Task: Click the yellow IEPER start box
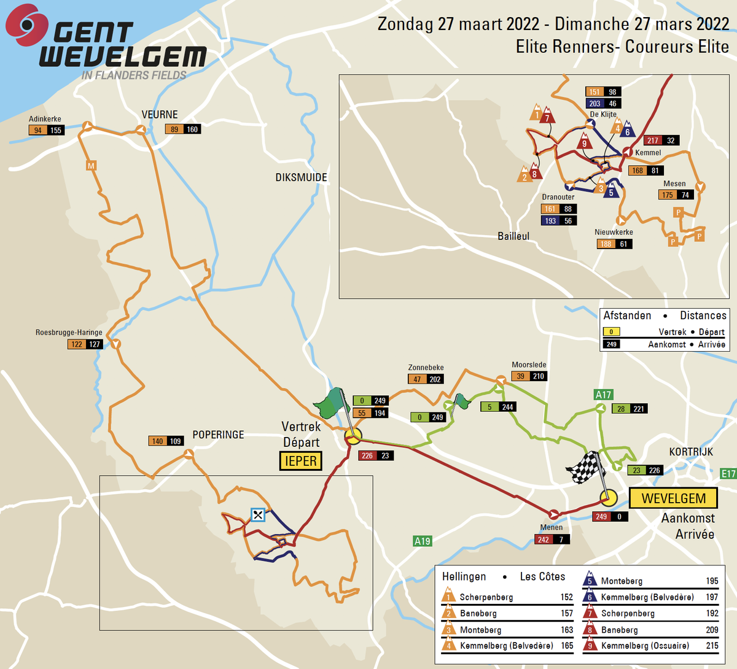[x=300, y=461]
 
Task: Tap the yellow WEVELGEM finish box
[x=674, y=498]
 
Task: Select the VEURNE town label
[x=160, y=115]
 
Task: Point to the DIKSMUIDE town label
[x=301, y=177]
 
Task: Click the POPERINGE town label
[x=218, y=435]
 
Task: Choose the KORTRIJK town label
[x=691, y=452]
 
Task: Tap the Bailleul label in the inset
[x=513, y=236]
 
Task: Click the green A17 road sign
[x=603, y=395]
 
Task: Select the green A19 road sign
[x=423, y=541]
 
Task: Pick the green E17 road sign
[x=728, y=473]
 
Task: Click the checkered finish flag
[x=585, y=468]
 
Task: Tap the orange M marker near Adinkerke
[x=91, y=166]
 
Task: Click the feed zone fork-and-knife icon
[x=258, y=514]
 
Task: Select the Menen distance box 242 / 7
[x=552, y=539]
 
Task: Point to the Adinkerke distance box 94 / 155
[x=47, y=130]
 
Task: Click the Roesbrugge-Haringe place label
[x=69, y=333]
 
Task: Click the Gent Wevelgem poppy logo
[x=25, y=24]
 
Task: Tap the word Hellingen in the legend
[x=464, y=576]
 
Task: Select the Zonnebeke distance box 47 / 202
[x=426, y=379]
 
